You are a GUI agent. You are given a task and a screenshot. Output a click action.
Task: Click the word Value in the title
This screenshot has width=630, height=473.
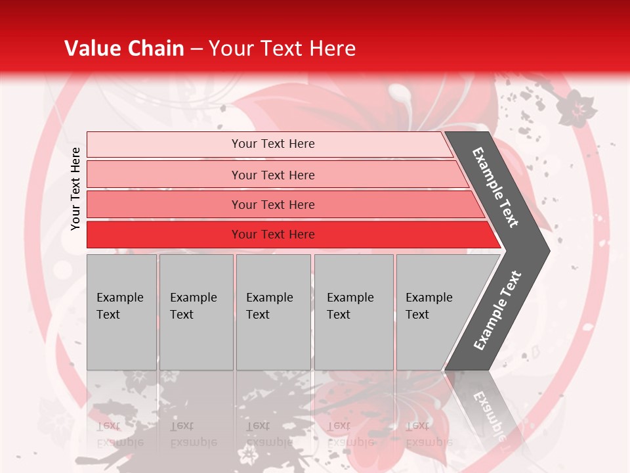coord(91,49)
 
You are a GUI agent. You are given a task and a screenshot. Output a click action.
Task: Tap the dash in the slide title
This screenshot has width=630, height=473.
coord(196,49)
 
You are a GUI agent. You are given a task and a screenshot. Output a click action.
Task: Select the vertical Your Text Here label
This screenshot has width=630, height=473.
coord(75,189)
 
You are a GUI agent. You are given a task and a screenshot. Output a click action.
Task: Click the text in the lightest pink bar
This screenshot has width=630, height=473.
coord(273,144)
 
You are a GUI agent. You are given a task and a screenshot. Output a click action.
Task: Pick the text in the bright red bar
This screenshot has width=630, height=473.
coord(273,235)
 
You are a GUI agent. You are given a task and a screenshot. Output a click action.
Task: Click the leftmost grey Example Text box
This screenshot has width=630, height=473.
coord(121,311)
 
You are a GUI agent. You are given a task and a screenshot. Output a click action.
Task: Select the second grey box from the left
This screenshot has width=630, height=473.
coord(196,311)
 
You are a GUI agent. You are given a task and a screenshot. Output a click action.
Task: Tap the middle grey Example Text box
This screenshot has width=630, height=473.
coord(273,311)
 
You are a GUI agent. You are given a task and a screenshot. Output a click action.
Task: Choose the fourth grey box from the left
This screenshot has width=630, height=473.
coord(353,311)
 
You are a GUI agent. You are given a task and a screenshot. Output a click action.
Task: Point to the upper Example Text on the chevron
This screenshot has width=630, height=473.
coord(496,187)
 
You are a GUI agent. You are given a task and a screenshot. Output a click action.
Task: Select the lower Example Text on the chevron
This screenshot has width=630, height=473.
coord(497,311)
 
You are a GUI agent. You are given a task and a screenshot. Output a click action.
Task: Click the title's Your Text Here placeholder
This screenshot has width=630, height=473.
coord(282,49)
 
